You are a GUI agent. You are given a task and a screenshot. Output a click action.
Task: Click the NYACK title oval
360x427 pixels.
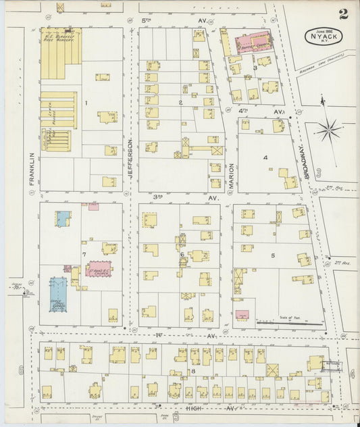pyautogui.click(x=323, y=36)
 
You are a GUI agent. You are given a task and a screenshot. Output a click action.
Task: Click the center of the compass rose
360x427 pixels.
pyautogui.click(x=329, y=128)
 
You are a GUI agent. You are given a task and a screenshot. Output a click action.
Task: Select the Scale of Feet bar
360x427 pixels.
pyautogui.click(x=290, y=322)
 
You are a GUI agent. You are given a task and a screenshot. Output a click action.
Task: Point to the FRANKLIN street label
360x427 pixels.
pyautogui.click(x=30, y=165)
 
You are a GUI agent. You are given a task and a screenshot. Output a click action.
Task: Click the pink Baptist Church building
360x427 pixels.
pyautogui.click(x=252, y=45)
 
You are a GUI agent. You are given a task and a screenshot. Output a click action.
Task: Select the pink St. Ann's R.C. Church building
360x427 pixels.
pyautogui.click(x=100, y=269)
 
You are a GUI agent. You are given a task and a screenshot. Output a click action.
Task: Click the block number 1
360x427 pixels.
pyautogui.click(x=86, y=103)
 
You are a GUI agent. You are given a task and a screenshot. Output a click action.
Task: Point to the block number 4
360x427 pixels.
pyautogui.click(x=265, y=157)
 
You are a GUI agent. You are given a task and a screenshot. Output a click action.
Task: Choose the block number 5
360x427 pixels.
pyautogui.click(x=273, y=255)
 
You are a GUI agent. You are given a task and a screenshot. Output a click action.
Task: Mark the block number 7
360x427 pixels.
pyautogui.click(x=84, y=254)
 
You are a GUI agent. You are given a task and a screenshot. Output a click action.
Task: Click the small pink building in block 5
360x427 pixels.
pyautogui.click(x=242, y=314)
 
